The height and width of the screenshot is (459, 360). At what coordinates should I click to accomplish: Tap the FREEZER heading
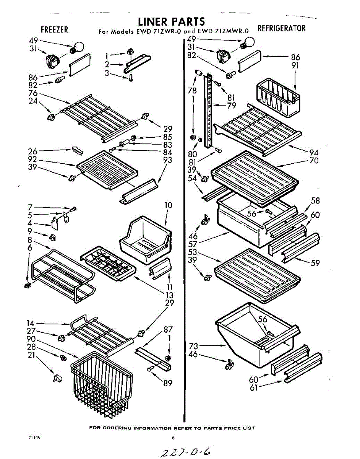pyautogui.click(x=54, y=29)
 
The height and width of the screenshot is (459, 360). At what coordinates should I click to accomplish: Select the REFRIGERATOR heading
pyautogui.click(x=282, y=28)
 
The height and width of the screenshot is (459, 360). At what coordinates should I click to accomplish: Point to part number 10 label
pyautogui.click(x=168, y=205)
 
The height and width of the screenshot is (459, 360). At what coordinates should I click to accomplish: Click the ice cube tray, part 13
pyautogui.click(x=108, y=264)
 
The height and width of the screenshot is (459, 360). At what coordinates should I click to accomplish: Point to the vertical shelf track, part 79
pyautogui.click(x=208, y=111)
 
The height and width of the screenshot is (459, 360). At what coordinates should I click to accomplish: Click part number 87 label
pyautogui.click(x=168, y=329)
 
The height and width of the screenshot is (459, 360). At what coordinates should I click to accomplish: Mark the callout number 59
pyautogui.click(x=315, y=263)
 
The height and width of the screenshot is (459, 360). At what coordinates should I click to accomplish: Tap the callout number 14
pyautogui.click(x=31, y=323)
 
